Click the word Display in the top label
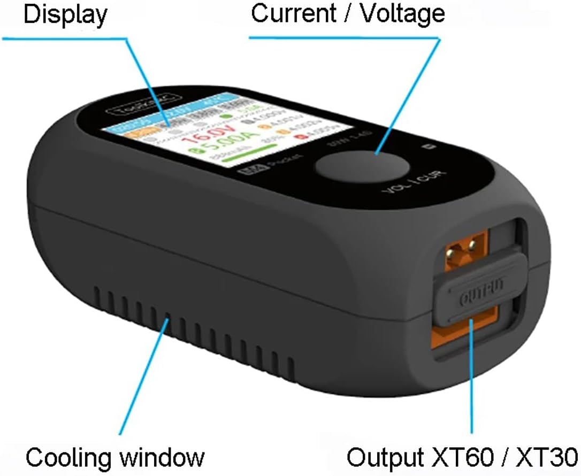coord(65,15)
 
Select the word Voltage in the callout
coord(402,13)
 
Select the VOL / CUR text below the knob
coord(415,185)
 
